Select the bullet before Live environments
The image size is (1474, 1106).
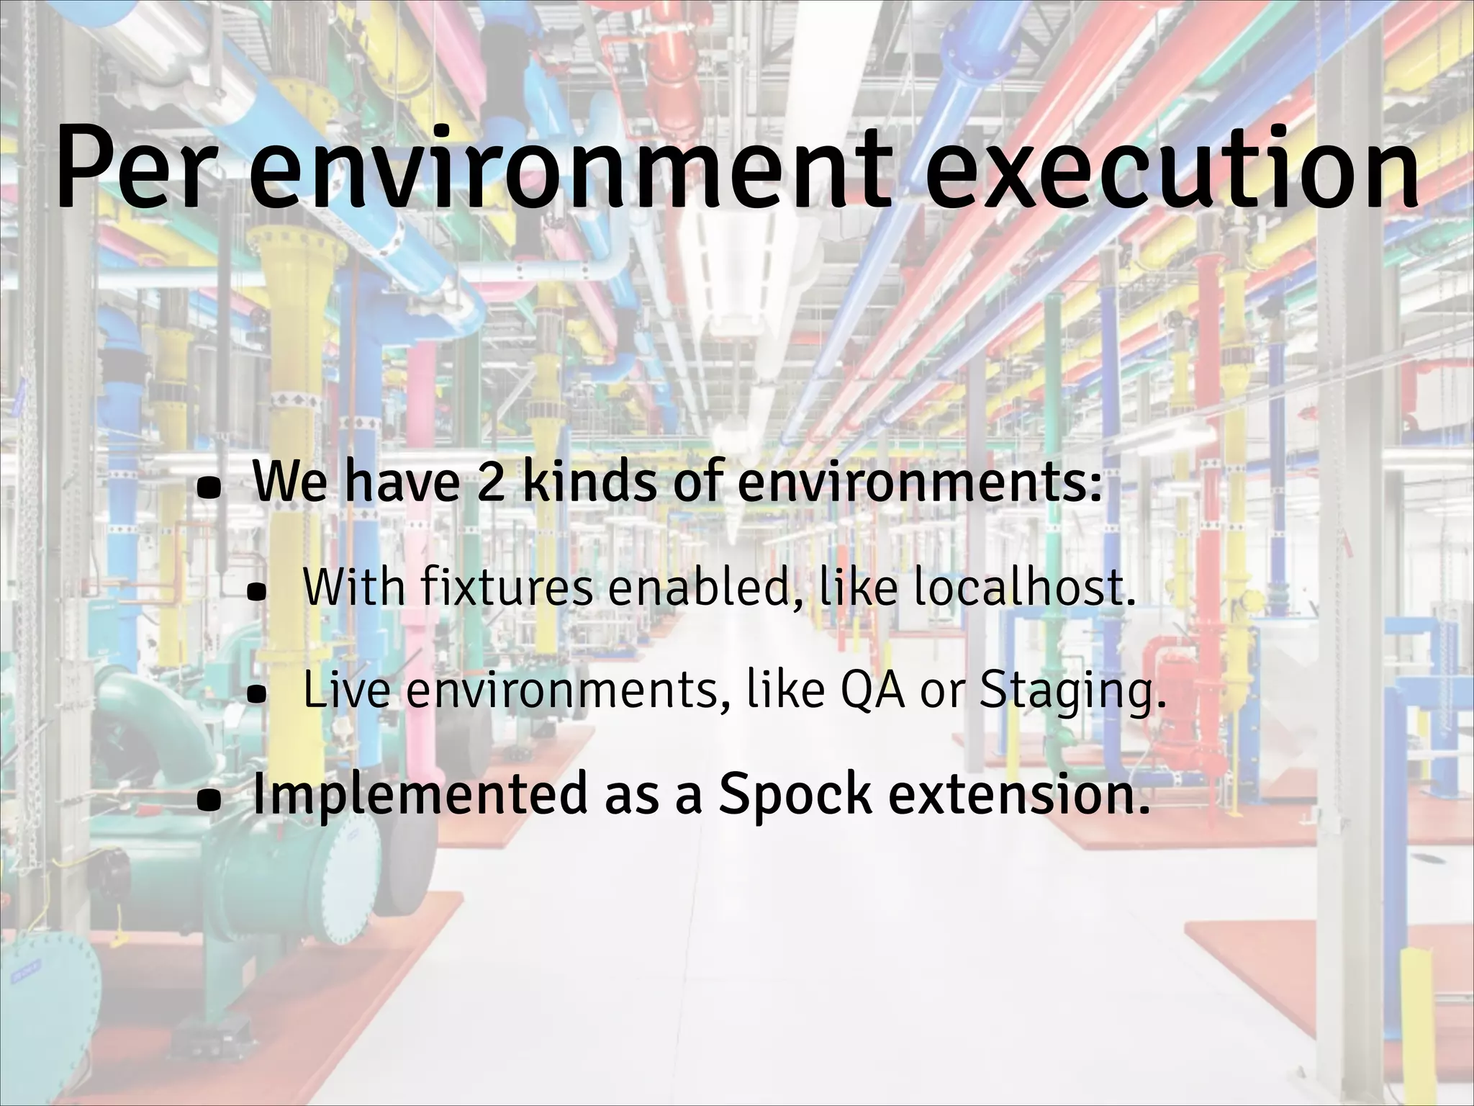(x=257, y=696)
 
